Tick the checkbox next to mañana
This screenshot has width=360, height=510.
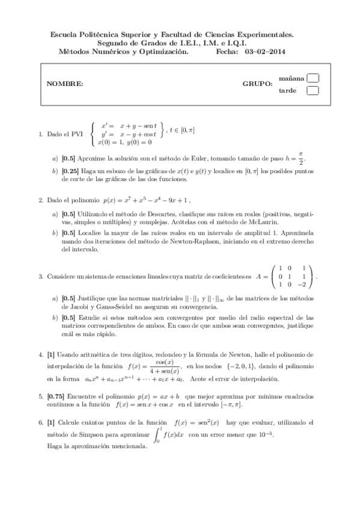313,78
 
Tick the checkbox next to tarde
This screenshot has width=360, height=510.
313,91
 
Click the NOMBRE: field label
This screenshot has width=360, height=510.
65,84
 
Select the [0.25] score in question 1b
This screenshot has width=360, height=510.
70,171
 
